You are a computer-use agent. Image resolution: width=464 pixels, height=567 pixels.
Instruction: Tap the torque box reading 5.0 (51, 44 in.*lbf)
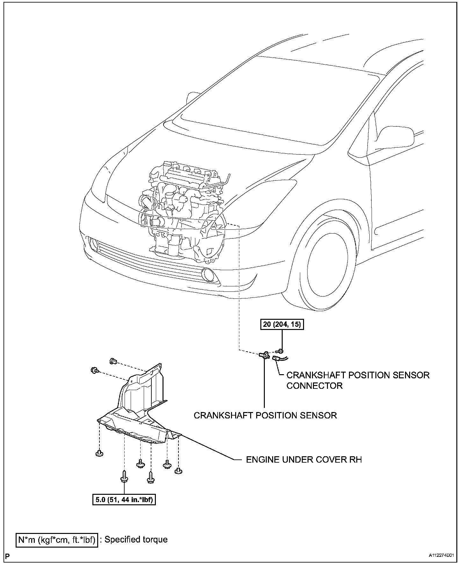(124, 500)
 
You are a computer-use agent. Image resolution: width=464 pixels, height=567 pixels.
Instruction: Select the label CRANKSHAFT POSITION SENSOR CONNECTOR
(358, 380)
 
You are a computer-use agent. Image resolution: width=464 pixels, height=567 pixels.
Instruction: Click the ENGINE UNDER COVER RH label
(304, 460)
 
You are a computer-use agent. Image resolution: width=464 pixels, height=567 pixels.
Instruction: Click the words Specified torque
(136, 539)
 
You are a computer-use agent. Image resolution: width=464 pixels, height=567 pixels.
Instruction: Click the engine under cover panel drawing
(140, 407)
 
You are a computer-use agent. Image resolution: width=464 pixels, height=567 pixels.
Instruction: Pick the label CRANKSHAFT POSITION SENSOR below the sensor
(265, 415)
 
